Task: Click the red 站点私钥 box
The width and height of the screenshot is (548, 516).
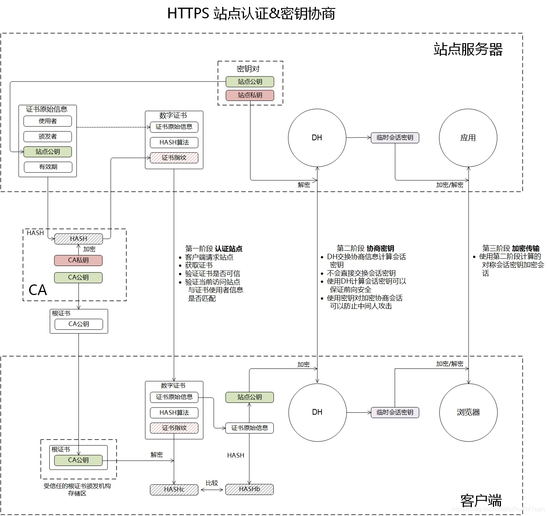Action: pos(250,95)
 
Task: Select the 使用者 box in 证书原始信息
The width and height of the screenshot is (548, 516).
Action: pos(48,121)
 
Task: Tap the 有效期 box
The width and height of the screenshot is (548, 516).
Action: pos(48,167)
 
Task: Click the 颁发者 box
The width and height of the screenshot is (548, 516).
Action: pos(48,136)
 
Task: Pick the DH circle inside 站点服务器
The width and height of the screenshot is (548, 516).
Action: pos(317,138)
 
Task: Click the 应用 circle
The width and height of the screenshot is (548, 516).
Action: pos(468,138)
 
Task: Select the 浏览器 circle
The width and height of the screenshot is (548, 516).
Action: pos(468,412)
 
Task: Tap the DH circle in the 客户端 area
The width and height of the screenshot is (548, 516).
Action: pos(317,412)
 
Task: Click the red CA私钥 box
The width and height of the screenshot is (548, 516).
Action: pos(78,260)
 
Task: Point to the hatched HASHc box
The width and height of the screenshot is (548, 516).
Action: pos(174,490)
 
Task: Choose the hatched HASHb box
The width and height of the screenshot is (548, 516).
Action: pos(249,489)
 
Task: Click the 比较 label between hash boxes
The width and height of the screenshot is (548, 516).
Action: pos(211,483)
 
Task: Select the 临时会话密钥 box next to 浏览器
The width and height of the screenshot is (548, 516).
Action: pos(395,412)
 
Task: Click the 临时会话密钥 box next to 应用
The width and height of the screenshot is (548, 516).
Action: pos(395,138)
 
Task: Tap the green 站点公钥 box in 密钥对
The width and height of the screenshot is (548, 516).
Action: pos(250,82)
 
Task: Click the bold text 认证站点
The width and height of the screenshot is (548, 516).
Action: pos(228,249)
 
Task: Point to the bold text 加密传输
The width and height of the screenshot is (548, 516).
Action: pos(525,248)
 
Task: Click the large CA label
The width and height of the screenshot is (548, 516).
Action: pos(37,290)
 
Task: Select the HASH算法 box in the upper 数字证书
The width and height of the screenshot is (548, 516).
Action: pos(174,143)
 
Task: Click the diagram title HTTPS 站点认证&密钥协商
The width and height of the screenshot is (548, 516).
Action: pos(251,14)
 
